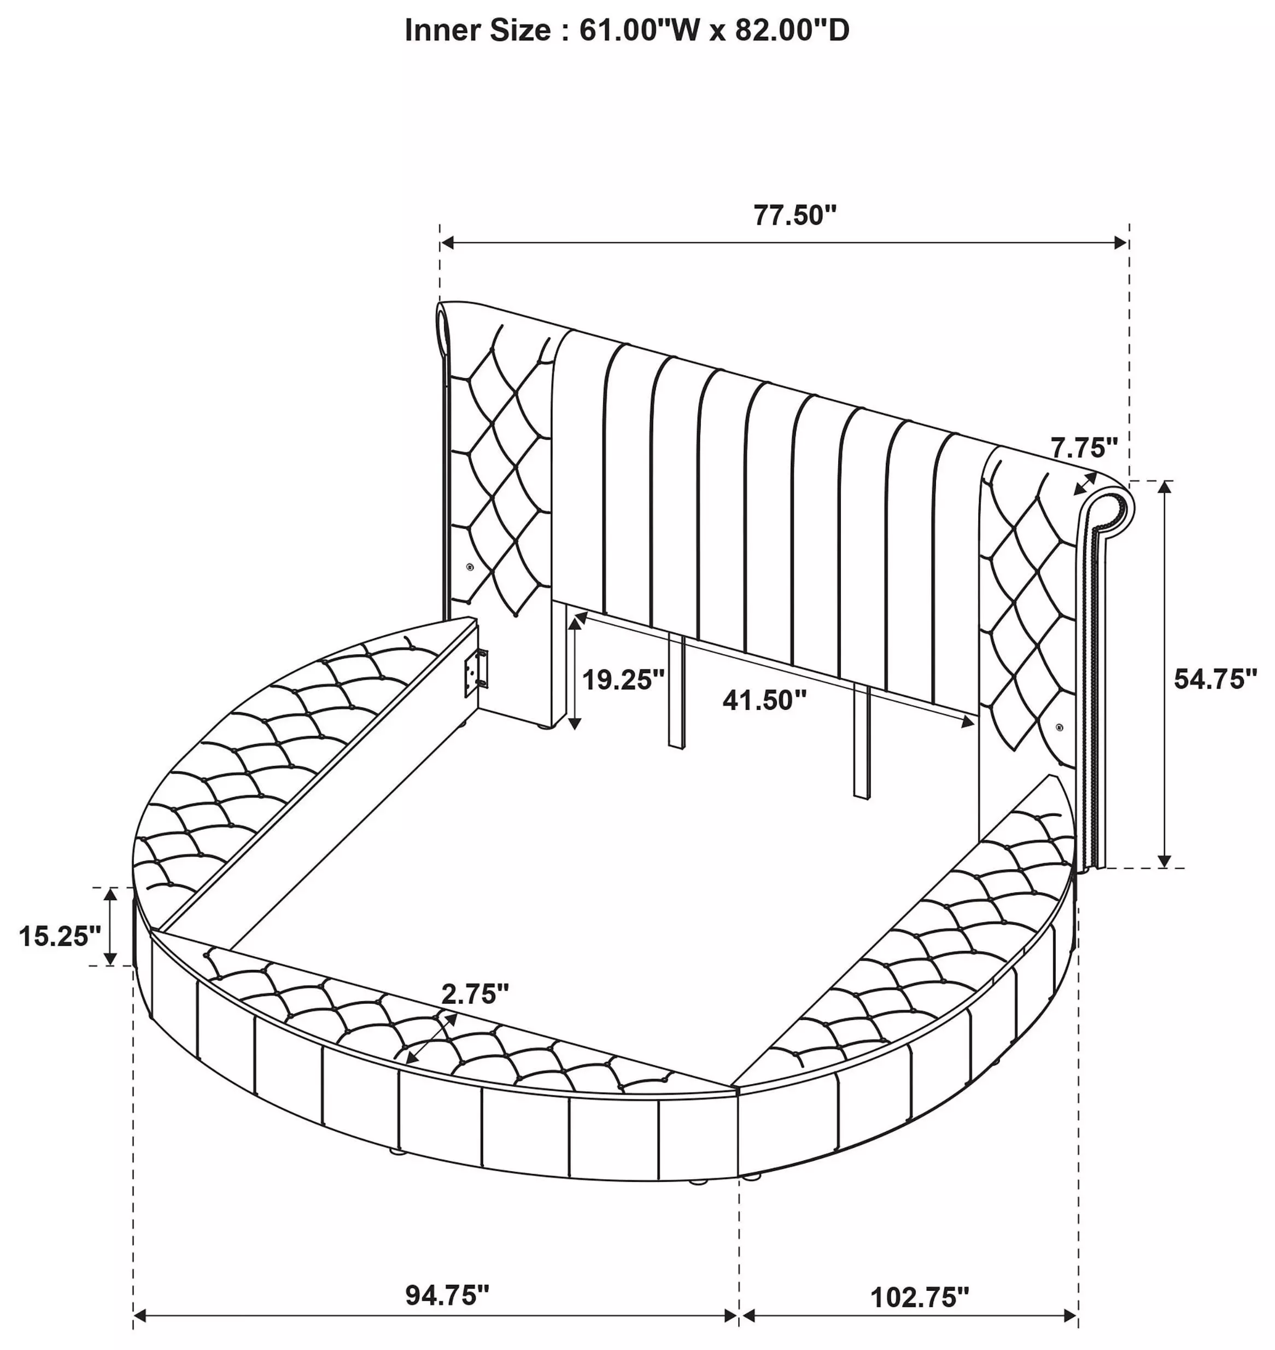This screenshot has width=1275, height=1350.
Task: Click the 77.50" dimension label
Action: click(x=794, y=216)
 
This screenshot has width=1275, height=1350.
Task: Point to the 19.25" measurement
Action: click(x=623, y=679)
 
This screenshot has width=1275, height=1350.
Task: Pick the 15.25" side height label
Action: click(x=60, y=936)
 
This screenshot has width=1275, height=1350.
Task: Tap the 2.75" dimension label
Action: click(x=475, y=994)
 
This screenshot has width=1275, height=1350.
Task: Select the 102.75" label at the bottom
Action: click(x=920, y=1297)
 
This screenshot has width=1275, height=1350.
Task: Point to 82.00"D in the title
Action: click(x=792, y=31)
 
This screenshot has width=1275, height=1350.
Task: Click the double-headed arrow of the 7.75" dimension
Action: click(x=1085, y=484)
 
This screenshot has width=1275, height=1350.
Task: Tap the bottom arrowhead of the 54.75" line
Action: click(x=1165, y=860)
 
